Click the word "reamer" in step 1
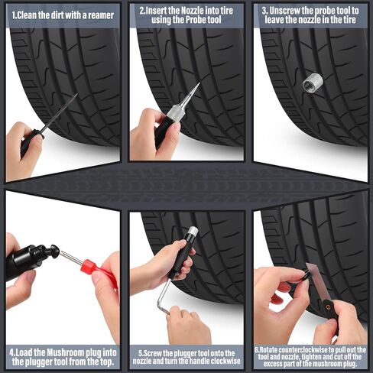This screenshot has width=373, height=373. pyautogui.click(x=101, y=15)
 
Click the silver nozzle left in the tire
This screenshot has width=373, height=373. pyautogui.click(x=313, y=81)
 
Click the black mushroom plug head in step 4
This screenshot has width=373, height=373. pyautogui.click(x=54, y=251)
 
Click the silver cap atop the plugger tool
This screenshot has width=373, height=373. pyautogui.click(x=193, y=231)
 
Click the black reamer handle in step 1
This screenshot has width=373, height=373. pyautogui.click(x=31, y=142)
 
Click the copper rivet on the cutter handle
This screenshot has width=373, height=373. pyautogui.click(x=329, y=307)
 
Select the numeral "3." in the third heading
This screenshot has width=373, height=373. pyautogui.click(x=265, y=11)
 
